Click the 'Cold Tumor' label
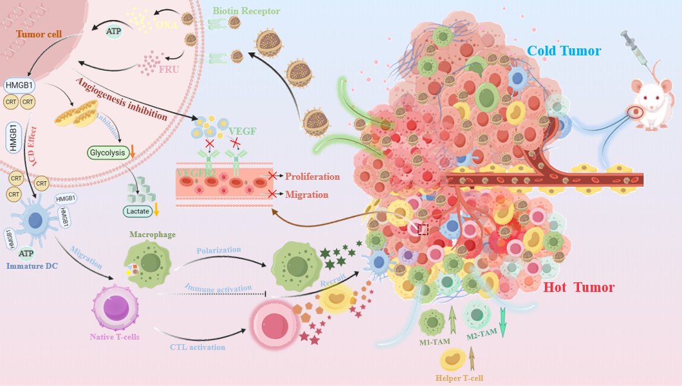pos(564,51)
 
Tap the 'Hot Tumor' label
pos(579,287)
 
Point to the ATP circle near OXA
pos(113,30)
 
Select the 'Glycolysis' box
pos(107,153)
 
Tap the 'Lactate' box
pos(138,210)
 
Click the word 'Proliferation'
pos(312,177)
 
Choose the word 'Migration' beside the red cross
pos(307,195)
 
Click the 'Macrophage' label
pos(152,235)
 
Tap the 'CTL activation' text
pos(198,347)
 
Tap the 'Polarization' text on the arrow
pos(219,249)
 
